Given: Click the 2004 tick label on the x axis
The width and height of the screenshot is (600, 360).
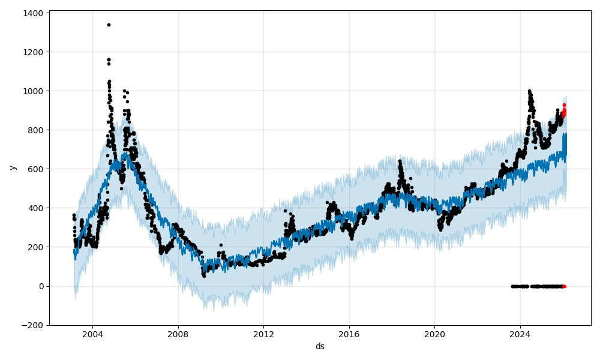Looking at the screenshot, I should click(92, 334).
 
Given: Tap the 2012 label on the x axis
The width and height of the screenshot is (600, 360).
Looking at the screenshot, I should click(263, 334).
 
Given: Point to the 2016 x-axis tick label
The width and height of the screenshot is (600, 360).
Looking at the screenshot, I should click(349, 334).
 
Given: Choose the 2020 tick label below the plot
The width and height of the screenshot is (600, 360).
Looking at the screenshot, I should click(434, 334).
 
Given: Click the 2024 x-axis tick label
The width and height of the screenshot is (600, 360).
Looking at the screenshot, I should click(520, 334).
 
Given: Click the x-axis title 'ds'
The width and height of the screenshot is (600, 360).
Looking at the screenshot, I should click(320, 346).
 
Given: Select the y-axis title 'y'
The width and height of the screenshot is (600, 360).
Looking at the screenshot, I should click(12, 168).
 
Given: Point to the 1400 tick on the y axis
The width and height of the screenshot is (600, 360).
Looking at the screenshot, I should click(32, 13).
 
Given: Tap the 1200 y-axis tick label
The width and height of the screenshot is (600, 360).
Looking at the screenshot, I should click(32, 52).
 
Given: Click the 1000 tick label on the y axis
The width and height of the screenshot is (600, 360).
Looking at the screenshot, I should click(32, 91).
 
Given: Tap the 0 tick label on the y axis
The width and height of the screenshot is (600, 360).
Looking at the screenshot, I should click(41, 286).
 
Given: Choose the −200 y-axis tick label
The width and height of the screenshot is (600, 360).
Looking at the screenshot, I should click(32, 325).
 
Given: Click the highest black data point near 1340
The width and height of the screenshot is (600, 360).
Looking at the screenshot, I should click(109, 25).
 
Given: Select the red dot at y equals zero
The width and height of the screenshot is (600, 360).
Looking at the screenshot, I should click(564, 286).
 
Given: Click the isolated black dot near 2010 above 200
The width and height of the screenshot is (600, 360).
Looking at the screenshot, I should click(221, 245).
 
